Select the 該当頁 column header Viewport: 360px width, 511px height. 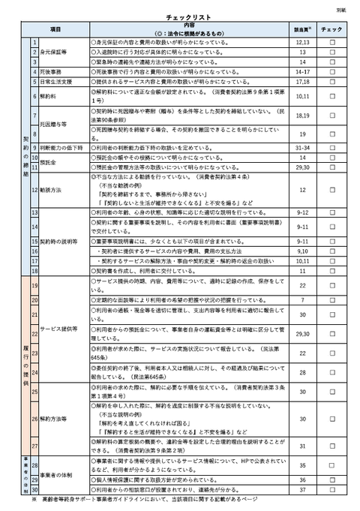pos(303,29)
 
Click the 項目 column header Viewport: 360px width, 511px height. pos(54,29)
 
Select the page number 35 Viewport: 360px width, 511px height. pos(303,465)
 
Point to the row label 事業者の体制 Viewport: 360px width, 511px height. pos(58,476)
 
